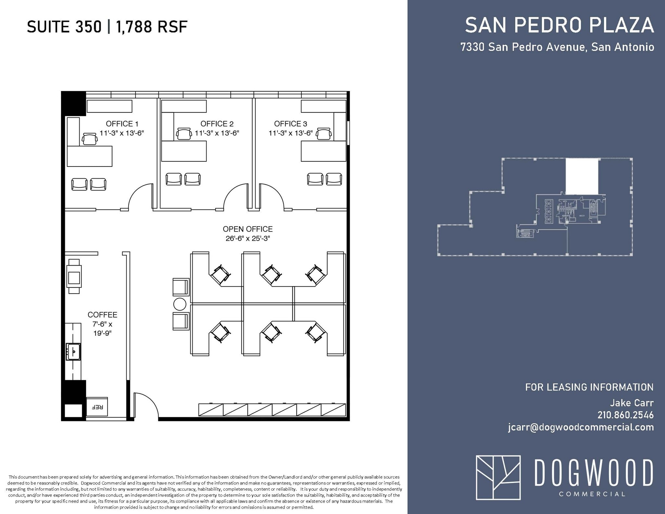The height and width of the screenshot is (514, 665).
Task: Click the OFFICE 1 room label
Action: coord(122,124)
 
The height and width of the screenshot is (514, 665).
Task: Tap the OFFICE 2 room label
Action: coord(217,124)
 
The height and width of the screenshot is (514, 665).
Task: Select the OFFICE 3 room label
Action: coord(290,124)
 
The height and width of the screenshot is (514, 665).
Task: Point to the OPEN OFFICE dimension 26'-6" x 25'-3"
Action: coord(247,238)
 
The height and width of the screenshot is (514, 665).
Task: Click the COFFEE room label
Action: coord(102,315)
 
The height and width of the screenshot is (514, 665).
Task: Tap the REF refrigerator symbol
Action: coord(97,407)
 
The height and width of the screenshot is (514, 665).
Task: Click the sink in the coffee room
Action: coord(73,352)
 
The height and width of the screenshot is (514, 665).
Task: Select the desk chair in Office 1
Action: coord(90,139)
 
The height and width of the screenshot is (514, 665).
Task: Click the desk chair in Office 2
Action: coord(184,134)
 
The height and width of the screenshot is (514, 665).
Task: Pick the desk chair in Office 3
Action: coord(324,134)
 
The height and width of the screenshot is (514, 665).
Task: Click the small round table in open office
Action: coord(180,304)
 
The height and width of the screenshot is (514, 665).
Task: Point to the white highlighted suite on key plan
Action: coord(582,176)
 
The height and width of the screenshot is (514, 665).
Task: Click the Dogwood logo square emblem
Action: coord(498,477)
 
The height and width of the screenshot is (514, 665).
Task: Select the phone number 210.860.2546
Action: coord(625,415)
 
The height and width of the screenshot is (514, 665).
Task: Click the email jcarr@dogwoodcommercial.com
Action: coord(581,427)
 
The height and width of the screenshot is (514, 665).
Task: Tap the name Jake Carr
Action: coord(632,403)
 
